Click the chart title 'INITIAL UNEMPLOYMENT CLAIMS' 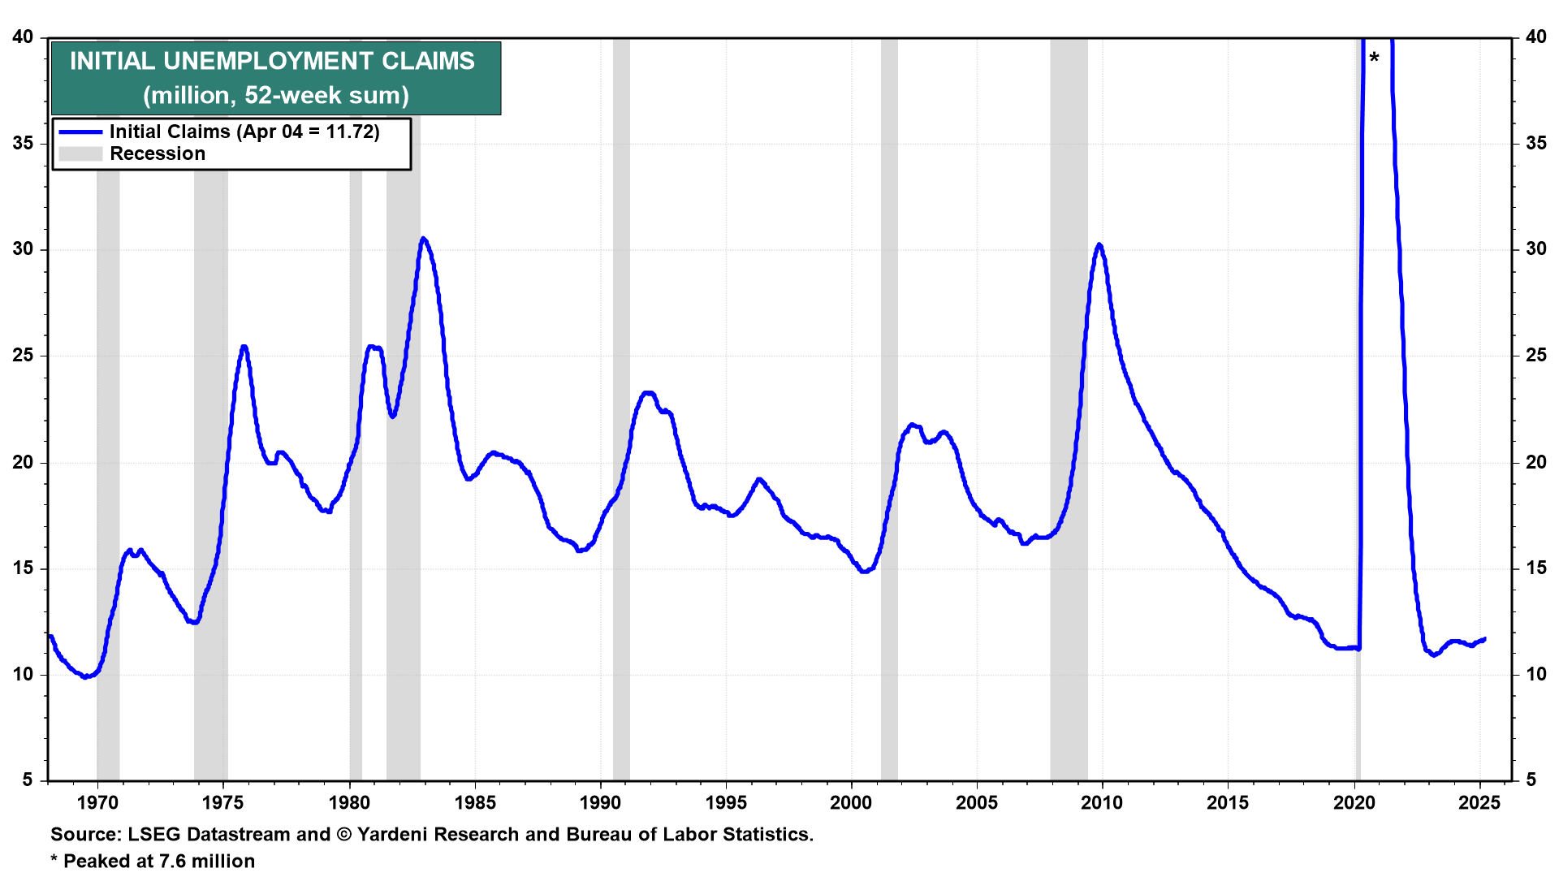(272, 61)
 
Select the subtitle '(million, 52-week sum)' (276, 96)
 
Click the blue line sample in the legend (80, 132)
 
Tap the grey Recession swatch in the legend (80, 154)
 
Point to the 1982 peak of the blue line (423, 239)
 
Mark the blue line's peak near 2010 (1099, 244)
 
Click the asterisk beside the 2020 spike (1374, 58)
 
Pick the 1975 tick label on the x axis (223, 803)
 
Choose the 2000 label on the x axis (851, 803)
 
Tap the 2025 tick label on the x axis (1479, 803)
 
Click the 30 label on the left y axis (24, 249)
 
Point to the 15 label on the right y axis (1535, 568)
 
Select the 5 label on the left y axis (28, 780)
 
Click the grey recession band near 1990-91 (621, 406)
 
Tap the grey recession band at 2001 (889, 406)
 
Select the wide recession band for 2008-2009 (1069, 406)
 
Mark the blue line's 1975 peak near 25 (244, 347)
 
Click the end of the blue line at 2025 (1484, 639)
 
